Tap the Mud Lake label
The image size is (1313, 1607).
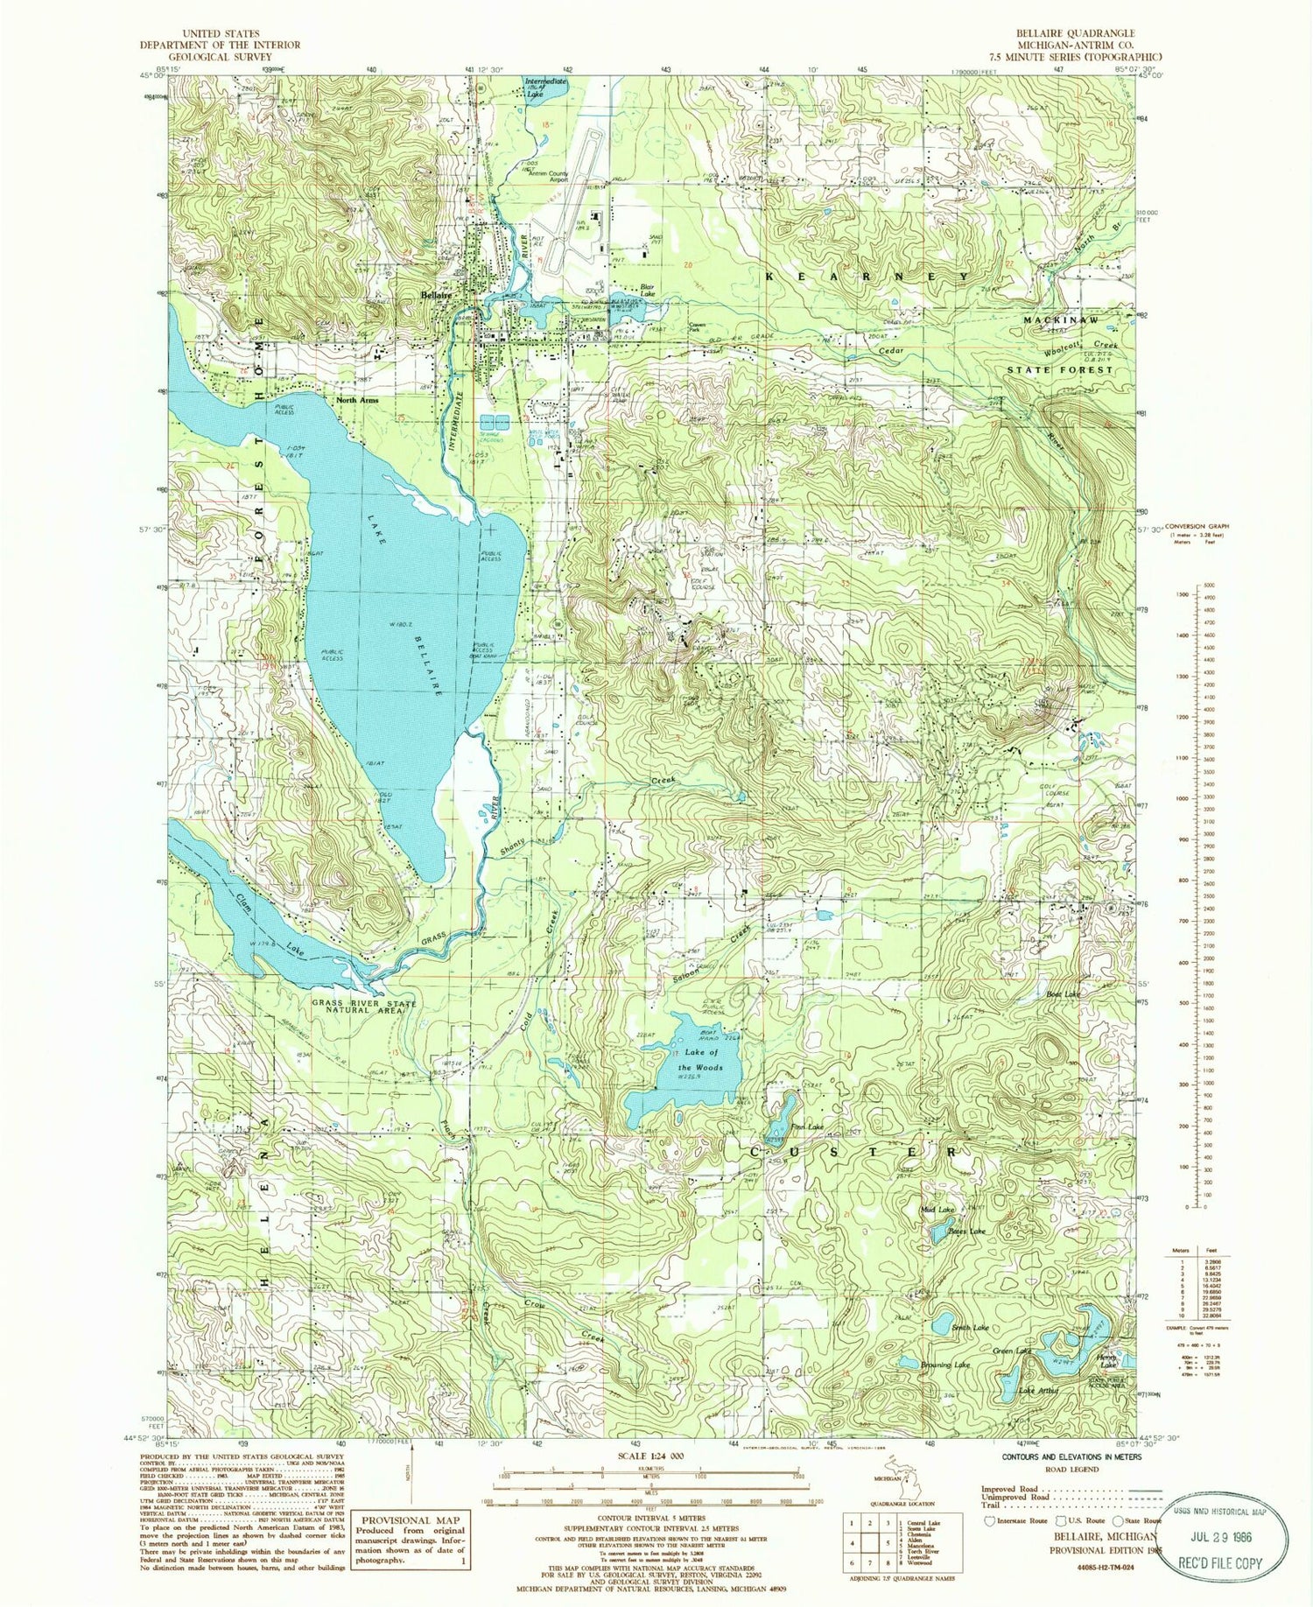click(x=937, y=1210)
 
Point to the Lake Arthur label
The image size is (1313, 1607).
click(x=1039, y=1390)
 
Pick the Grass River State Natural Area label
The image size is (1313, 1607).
click(x=364, y=1007)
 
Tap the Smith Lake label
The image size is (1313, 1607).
click(x=972, y=1328)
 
